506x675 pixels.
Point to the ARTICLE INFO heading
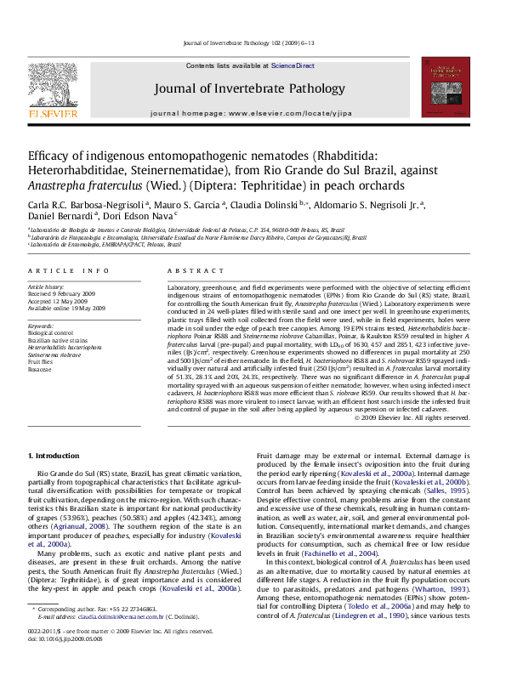[x=68, y=270]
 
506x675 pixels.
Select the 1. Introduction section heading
[x=54, y=457]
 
